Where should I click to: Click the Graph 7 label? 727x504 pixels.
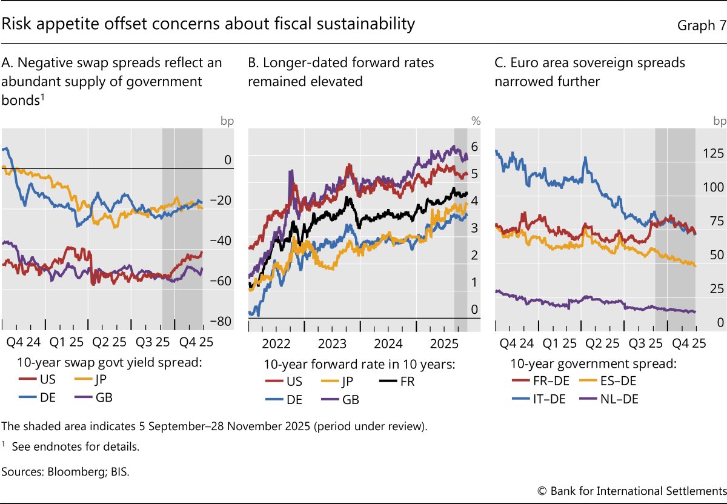(x=696, y=25)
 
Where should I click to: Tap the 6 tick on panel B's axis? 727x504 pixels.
(x=475, y=146)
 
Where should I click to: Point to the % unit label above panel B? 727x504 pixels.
(x=476, y=121)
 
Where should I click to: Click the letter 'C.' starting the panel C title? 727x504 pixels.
(x=500, y=62)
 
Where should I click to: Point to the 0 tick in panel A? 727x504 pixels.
(x=228, y=160)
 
